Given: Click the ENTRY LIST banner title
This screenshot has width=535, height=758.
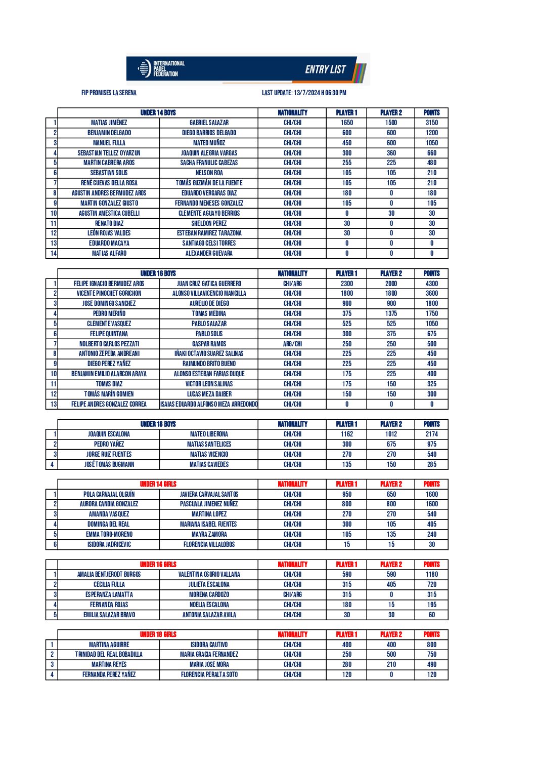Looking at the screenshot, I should click(325, 69).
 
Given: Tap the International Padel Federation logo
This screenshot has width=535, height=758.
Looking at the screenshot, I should click(161, 69).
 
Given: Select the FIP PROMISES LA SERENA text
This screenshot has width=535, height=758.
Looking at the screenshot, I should click(109, 93).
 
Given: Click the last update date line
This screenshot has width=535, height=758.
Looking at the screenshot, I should click(304, 93).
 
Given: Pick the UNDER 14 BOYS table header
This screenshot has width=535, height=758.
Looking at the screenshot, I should click(158, 113).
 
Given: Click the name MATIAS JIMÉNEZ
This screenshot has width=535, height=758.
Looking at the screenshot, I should click(109, 123).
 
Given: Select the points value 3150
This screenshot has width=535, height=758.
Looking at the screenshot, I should click(431, 123).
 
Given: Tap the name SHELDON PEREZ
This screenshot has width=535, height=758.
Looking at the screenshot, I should click(209, 223).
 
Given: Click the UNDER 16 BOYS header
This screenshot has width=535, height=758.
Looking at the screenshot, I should click(158, 273).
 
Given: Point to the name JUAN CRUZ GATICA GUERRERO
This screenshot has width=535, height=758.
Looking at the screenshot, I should click(209, 284).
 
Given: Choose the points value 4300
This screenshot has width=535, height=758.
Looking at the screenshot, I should click(431, 284).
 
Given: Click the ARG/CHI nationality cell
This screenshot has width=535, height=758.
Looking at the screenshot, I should click(292, 344).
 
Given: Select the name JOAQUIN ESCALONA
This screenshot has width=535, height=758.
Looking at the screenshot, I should click(109, 434).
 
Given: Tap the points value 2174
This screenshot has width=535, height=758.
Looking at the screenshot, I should click(431, 434).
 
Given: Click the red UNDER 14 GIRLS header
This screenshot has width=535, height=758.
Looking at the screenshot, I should click(158, 484).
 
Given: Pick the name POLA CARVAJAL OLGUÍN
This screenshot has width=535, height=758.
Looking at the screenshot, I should click(109, 494).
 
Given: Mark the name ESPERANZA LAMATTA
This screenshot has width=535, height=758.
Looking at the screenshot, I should click(109, 594).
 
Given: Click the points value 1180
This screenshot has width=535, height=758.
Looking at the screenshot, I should click(431, 574).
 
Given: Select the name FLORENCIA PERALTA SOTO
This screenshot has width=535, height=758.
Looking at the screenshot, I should click(209, 674).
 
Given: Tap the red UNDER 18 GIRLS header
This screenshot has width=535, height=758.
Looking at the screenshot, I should click(158, 634).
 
